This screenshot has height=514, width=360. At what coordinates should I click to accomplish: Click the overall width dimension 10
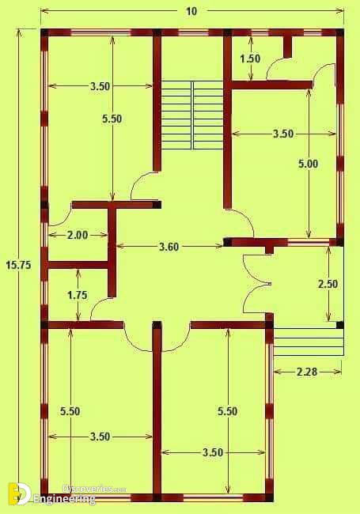pos(191,11)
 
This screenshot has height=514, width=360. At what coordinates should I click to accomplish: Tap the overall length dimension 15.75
pos(18,265)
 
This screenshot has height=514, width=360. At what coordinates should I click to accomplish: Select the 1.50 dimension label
pos(250,59)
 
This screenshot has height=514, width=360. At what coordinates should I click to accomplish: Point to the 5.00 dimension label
pos(308,164)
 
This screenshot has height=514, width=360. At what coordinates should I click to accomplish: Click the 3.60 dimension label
pos(169,247)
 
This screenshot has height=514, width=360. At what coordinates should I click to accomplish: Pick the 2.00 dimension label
pos(78,235)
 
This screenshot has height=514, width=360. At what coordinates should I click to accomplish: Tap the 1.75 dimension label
pos(78,295)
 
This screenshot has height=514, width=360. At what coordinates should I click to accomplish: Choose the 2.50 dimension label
pos(328,284)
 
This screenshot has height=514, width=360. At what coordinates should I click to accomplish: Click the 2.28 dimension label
pos(307,372)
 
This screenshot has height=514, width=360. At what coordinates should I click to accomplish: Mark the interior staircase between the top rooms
pos(192,115)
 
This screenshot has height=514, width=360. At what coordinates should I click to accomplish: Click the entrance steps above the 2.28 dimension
pos(309,342)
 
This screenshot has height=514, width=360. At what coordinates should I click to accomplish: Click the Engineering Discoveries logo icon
pos(20,493)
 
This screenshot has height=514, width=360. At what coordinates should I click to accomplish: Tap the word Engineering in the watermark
pos(64,499)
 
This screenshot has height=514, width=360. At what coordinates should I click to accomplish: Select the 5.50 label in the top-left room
pos(112,119)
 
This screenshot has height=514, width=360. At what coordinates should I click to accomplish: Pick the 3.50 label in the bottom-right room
pos(213,452)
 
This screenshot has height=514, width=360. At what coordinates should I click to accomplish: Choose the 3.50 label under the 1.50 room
pos(283,134)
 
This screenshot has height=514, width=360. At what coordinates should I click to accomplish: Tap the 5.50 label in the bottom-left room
pos(70,411)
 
